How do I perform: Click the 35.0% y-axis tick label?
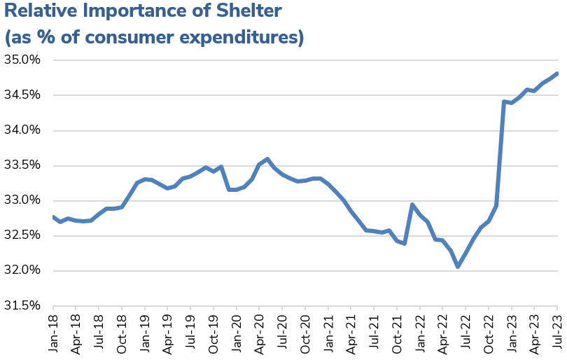(23, 60)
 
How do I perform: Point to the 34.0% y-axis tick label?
(23, 130)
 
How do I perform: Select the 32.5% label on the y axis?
(23, 235)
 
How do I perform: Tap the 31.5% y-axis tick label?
(23, 306)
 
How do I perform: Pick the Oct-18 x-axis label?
(122, 332)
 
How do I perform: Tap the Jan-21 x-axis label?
(328, 332)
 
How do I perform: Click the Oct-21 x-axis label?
(396, 332)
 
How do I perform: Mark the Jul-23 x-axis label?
(557, 332)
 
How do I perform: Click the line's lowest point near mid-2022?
(458, 266)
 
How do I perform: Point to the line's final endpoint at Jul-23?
(557, 74)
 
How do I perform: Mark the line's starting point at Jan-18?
(53, 216)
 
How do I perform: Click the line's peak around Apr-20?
(267, 159)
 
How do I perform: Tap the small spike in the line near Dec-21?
(412, 205)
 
